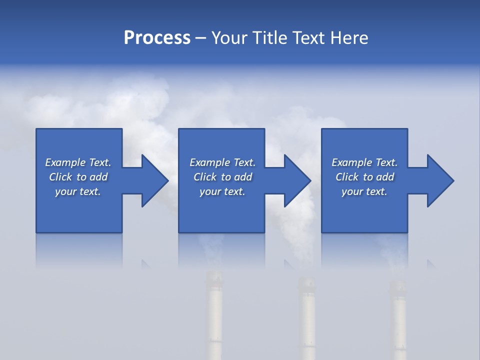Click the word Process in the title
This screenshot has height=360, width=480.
[x=157, y=38]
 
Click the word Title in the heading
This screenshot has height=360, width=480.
[x=269, y=38]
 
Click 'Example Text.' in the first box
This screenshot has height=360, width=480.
[x=78, y=162]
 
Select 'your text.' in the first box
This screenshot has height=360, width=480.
[x=78, y=191]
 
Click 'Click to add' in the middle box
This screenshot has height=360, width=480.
[x=222, y=177]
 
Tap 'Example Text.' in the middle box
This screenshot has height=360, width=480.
[x=222, y=162]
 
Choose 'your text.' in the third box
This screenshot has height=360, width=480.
[x=364, y=191]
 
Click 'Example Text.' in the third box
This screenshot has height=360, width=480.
[x=364, y=162]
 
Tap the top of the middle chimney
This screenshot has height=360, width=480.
[x=306, y=281]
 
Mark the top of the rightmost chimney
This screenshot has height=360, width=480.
[x=398, y=285]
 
